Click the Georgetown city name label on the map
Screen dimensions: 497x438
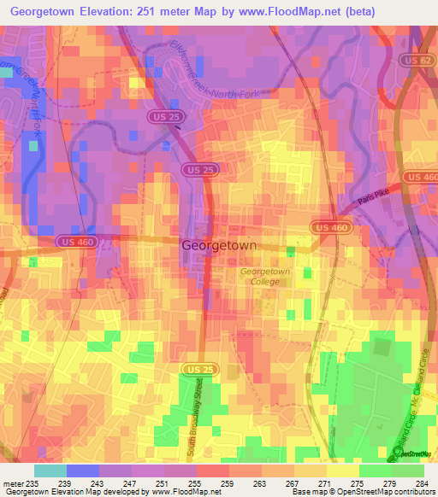pyautogui.click(x=219, y=244)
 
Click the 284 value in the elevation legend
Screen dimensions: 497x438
pyautogui.click(x=423, y=482)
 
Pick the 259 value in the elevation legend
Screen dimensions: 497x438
pyautogui.click(x=228, y=482)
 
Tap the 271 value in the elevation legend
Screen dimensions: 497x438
pyautogui.click(x=325, y=482)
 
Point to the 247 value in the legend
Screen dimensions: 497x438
pyautogui.click(x=130, y=482)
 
